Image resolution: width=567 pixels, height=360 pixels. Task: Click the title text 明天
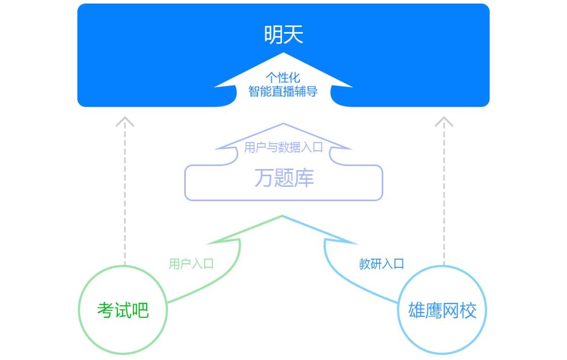283,35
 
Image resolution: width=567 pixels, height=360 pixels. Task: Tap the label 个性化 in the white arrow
283,78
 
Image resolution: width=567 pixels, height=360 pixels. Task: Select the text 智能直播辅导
283,91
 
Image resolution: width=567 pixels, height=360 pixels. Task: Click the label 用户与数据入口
283,148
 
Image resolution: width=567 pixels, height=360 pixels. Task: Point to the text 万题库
284,178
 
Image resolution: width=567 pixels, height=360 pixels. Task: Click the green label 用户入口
191,264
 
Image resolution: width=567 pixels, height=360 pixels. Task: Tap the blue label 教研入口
381,264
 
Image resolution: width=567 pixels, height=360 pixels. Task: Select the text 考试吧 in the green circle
123,310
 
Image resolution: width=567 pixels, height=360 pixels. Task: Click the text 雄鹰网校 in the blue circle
442,310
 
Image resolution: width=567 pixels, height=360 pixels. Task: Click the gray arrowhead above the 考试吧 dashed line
125,122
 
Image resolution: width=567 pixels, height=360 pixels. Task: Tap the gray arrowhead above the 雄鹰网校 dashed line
444,122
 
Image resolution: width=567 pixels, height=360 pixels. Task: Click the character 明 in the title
274,35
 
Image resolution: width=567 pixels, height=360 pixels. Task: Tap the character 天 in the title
293,35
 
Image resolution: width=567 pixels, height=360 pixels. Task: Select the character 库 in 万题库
304,178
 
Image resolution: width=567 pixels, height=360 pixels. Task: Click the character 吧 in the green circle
140,310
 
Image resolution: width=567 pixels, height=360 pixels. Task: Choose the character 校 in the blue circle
468,310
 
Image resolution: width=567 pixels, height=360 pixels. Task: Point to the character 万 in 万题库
263,178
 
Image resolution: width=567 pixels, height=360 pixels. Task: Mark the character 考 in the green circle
106,310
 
